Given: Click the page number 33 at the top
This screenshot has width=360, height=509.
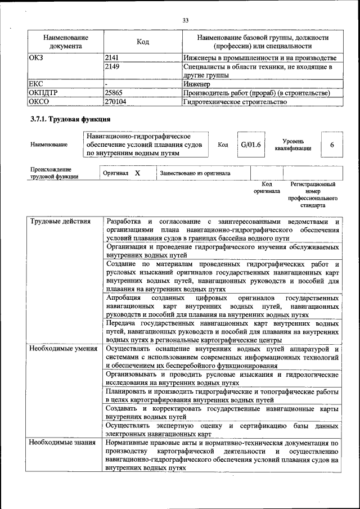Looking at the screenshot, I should [x=185, y=20].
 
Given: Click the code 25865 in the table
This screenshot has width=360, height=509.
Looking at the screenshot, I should [x=115, y=93].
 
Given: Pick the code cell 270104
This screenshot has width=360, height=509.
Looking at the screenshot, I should [x=116, y=102].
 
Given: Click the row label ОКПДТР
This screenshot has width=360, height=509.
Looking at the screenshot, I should [x=43, y=93].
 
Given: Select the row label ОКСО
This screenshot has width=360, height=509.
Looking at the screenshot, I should [x=39, y=102].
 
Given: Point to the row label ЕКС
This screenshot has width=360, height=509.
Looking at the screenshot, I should [x=36, y=84].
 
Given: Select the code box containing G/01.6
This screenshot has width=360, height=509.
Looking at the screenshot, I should [x=251, y=145].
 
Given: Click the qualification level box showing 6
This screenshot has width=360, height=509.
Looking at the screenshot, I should [x=332, y=145].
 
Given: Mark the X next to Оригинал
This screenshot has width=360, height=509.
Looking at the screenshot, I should [x=137, y=173].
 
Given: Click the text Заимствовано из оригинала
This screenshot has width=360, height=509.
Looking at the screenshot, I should [x=195, y=173].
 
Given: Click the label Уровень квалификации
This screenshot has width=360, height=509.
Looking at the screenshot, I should [x=293, y=145].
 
